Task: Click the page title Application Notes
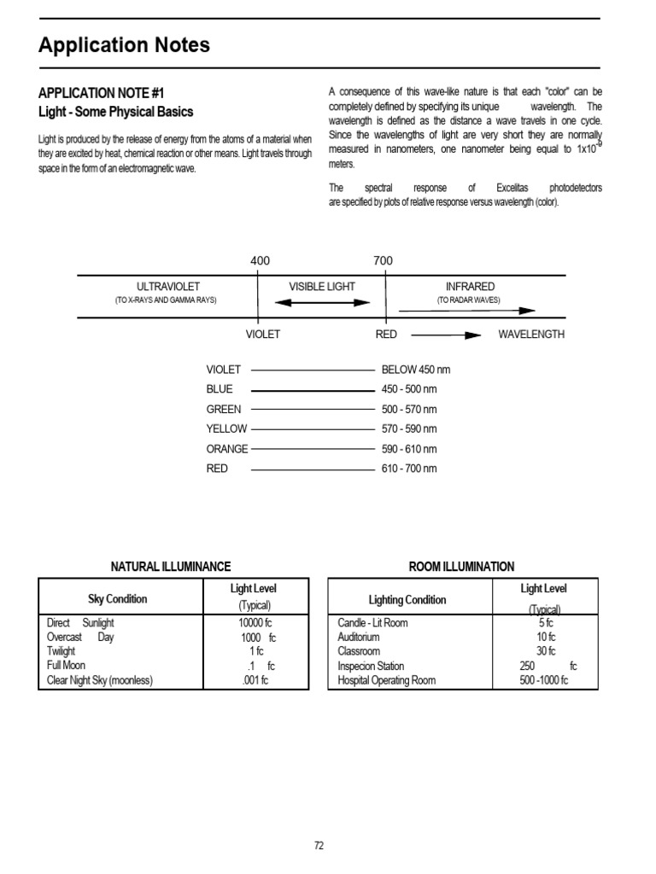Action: (124, 46)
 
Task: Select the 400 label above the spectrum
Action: (260, 260)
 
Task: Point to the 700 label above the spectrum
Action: (383, 260)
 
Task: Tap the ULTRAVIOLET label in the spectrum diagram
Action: (168, 287)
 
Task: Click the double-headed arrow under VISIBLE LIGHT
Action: (322, 302)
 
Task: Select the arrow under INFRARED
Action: (468, 312)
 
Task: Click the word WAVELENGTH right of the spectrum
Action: (531, 335)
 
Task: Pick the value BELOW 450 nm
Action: (414, 370)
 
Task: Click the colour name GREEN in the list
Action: (224, 409)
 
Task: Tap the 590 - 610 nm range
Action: (409, 449)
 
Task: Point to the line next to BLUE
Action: (313, 390)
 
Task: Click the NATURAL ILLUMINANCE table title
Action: (171, 567)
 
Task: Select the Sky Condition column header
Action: (118, 599)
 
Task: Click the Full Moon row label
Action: (67, 666)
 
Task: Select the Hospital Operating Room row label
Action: (386, 680)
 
